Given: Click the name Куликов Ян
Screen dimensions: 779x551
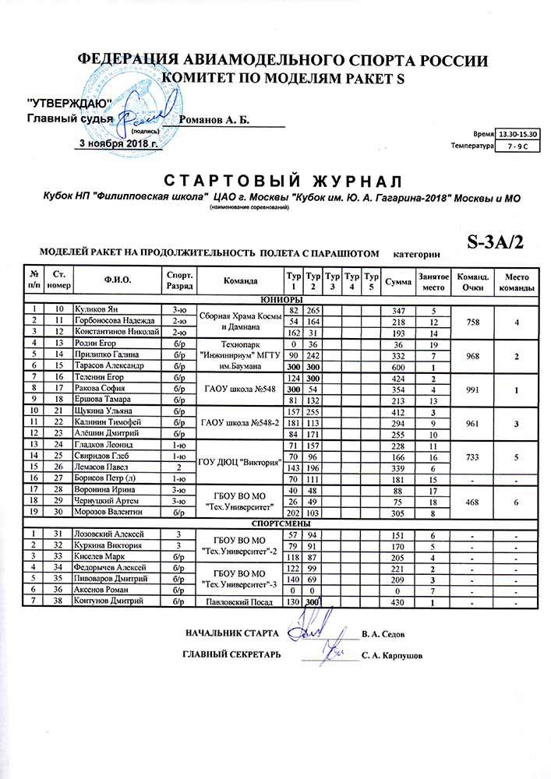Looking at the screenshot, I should click(95, 310).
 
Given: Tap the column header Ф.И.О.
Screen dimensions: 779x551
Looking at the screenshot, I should click(116, 280).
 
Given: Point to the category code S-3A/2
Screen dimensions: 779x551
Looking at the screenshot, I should click(495, 242).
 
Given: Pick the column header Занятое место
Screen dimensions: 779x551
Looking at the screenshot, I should click(433, 280).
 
